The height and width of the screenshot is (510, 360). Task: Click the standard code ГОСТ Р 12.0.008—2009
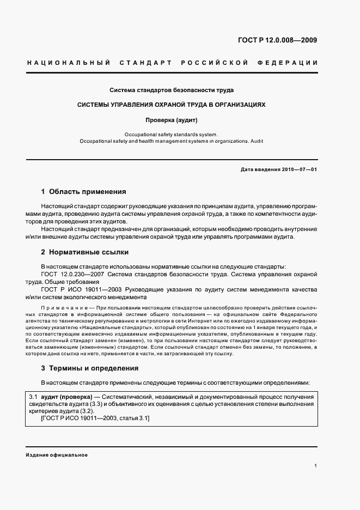278,40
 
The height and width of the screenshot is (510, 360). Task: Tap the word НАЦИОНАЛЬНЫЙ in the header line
68,63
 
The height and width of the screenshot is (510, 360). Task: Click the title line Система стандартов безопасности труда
172,89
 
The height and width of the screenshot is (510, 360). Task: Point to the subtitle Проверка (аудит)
171,119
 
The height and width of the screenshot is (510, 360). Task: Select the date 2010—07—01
297,169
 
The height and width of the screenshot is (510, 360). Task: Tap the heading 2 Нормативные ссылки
85,253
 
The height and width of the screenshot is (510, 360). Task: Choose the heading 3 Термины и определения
90,368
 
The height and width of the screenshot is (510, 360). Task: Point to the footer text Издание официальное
57,455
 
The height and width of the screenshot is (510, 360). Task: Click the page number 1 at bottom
315,466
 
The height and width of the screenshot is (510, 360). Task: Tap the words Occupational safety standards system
171,134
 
